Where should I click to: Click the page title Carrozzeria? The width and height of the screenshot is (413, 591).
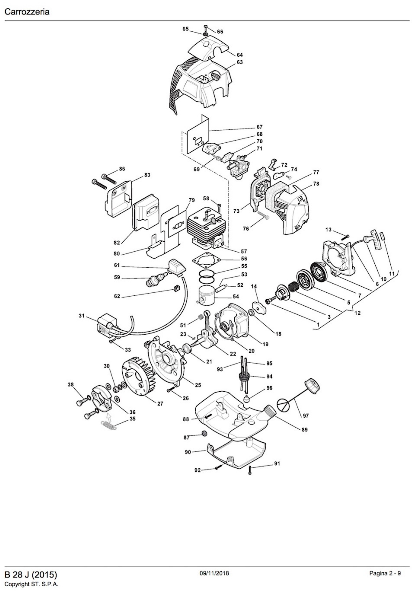(27, 12)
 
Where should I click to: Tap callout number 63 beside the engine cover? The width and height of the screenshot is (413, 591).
(240, 62)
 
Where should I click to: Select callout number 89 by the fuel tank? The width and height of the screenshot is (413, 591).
(305, 430)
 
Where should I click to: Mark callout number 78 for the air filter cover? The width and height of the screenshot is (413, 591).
(316, 184)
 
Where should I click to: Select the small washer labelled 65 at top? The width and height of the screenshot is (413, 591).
(205, 34)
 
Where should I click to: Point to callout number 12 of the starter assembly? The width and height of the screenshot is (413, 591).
(357, 313)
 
